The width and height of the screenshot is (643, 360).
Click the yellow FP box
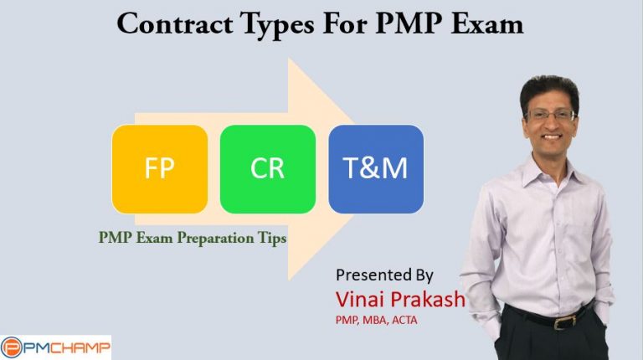click(x=159, y=168)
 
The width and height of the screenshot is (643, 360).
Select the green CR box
click(x=268, y=168)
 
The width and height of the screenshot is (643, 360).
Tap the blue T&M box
click(x=376, y=168)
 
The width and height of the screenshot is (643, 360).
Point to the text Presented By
click(x=385, y=275)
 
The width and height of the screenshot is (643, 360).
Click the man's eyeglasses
click(x=549, y=115)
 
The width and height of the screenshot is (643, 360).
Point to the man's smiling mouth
click(x=552, y=138)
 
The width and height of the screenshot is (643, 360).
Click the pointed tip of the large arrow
click(x=363, y=168)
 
